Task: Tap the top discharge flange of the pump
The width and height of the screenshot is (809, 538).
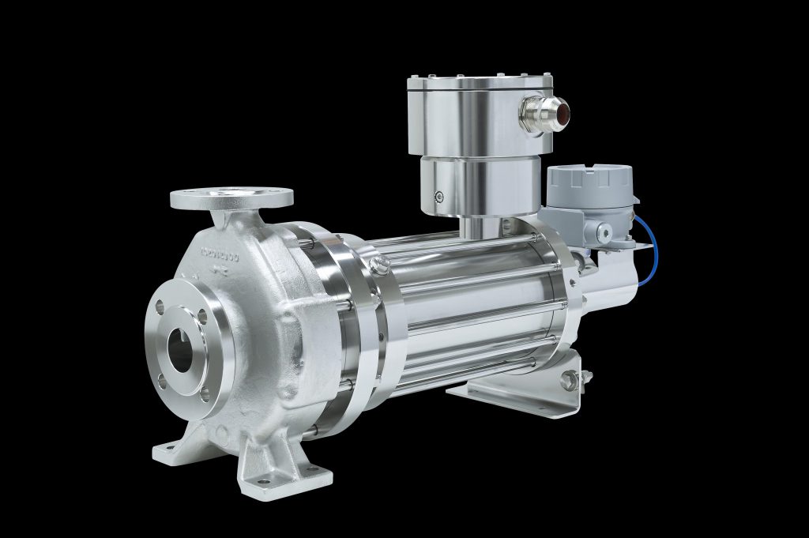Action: point(231,196)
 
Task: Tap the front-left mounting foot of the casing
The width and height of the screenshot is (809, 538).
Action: point(175,450)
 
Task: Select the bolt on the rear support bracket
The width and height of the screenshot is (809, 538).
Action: point(566,382)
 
